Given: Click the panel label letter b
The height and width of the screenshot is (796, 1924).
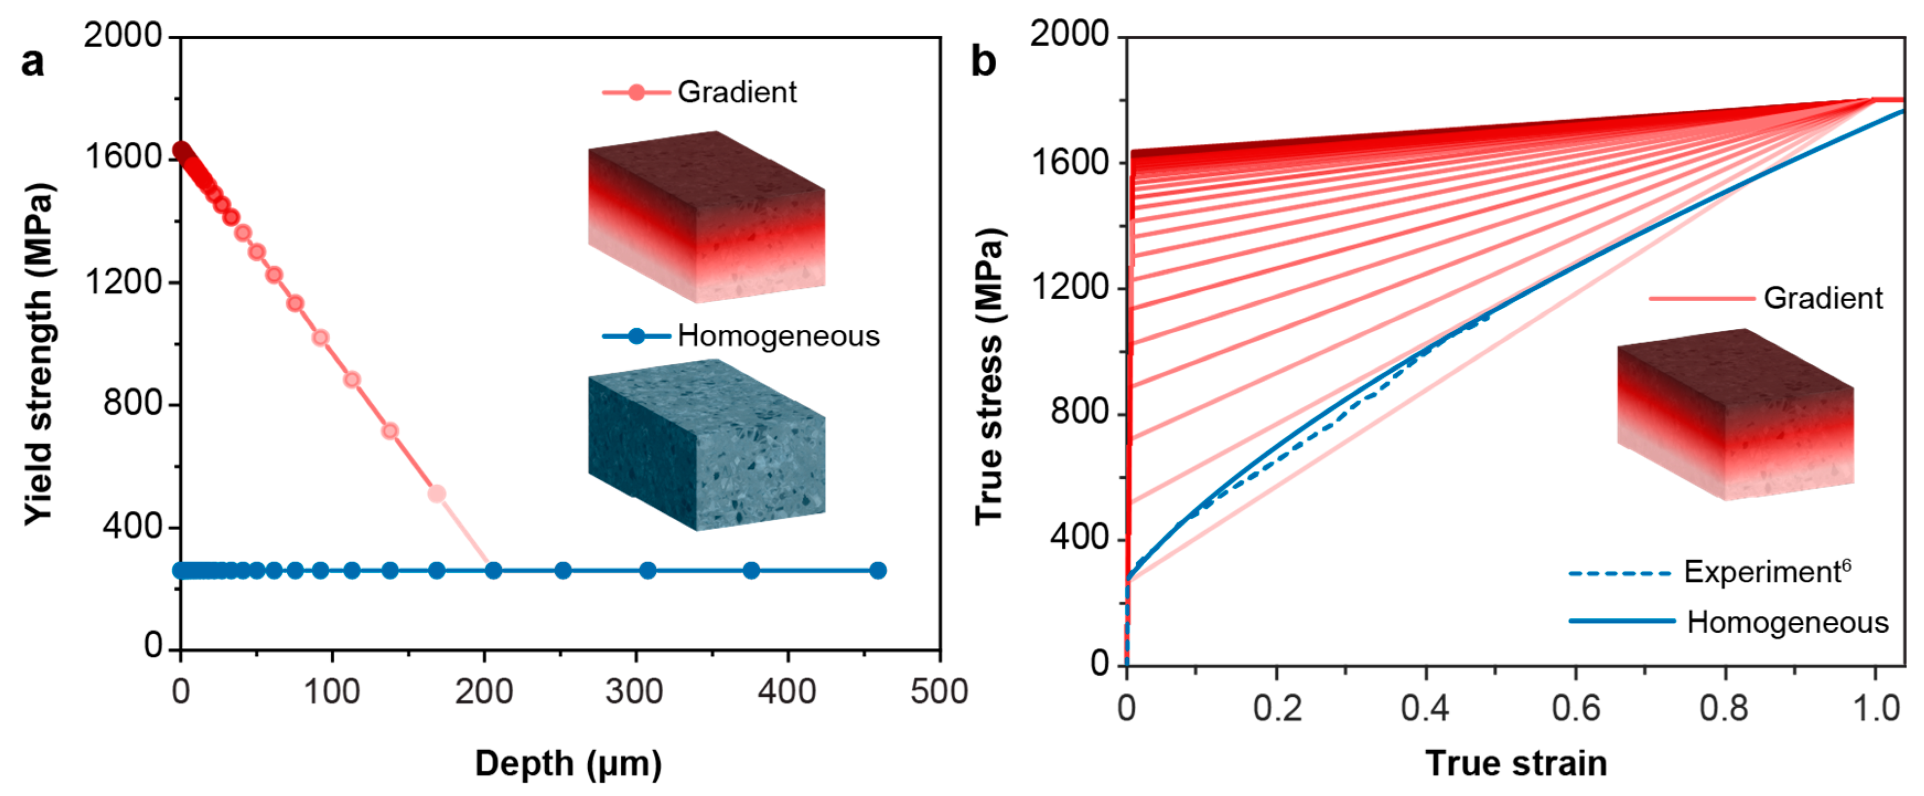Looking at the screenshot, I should [x=983, y=61].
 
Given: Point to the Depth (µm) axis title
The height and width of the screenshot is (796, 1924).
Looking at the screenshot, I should [x=568, y=764].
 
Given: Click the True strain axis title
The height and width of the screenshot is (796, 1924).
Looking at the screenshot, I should [x=1515, y=764].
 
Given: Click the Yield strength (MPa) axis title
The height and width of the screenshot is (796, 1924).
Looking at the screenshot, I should [x=39, y=354].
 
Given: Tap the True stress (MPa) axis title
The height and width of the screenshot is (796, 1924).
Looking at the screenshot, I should [x=990, y=376].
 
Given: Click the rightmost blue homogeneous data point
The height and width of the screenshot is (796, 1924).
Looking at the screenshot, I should [x=878, y=571].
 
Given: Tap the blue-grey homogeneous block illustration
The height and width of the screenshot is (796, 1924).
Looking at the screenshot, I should [x=706, y=445].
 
